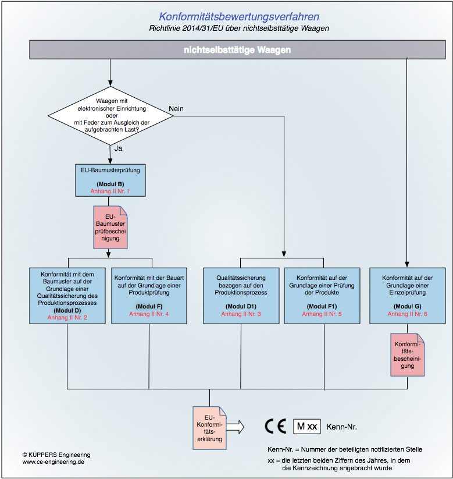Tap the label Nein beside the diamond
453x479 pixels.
pyautogui.click(x=177, y=108)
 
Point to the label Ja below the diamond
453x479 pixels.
pyautogui.click(x=117, y=148)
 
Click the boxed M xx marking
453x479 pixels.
pyautogui.click(x=307, y=427)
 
